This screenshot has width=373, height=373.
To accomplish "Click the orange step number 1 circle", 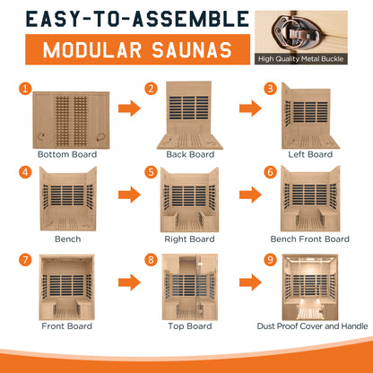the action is (25, 89).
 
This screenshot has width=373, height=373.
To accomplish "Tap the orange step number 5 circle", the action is (151, 172).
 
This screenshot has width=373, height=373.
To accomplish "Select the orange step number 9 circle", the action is (271, 259).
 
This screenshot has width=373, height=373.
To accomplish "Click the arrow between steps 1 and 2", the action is (129, 108).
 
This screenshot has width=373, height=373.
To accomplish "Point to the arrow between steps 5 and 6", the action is (250, 195).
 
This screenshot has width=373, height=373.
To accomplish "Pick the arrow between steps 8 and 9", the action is (250, 282).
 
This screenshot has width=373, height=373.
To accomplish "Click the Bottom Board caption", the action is (67, 154).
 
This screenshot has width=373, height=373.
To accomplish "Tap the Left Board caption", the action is (310, 154).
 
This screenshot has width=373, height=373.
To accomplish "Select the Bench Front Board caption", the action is (310, 239).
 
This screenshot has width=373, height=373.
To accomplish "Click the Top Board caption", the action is (190, 326).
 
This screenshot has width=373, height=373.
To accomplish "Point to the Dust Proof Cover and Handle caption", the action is (312, 326).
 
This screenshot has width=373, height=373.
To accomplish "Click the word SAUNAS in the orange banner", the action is (192, 49).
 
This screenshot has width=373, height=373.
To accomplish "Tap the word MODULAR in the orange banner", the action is (92, 49).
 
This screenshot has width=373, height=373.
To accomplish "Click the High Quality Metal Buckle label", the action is (301, 59).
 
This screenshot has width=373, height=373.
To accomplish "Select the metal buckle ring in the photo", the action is (295, 31).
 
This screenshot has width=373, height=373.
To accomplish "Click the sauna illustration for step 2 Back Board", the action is (190, 116).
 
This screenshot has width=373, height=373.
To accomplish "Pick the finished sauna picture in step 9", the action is (310, 287).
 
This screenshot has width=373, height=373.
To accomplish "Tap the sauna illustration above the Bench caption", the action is (68, 199).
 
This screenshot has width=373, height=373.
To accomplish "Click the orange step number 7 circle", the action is (25, 259).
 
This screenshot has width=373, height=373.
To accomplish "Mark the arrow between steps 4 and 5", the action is (129, 195).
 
